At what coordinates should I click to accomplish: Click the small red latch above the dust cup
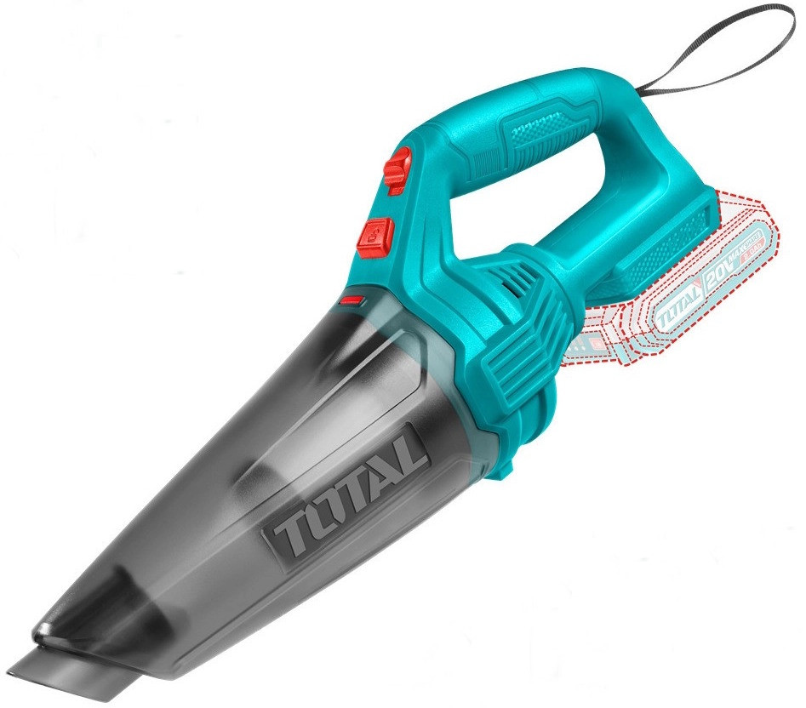click(x=352, y=300)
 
